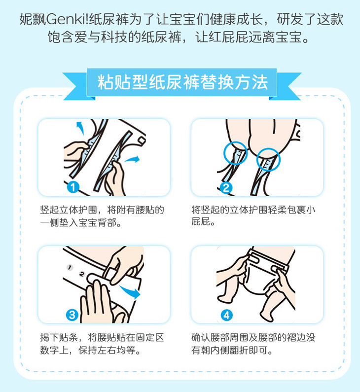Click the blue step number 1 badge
pyautogui.click(x=73, y=187)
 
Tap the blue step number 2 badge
pyautogui.click(x=226, y=188)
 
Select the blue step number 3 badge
pyautogui.click(x=72, y=315)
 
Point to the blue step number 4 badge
pyautogui.click(x=226, y=315)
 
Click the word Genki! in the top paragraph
pyautogui.click(x=67, y=19)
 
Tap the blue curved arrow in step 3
pyautogui.click(x=130, y=291)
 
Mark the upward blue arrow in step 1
pyautogui.click(x=80, y=128)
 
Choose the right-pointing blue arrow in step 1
pyautogui.click(x=132, y=159)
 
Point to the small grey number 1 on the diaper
pyautogui.click(x=70, y=268)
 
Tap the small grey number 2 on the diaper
pyautogui.click(x=82, y=274)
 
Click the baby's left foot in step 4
pyautogui.click(x=223, y=298)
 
